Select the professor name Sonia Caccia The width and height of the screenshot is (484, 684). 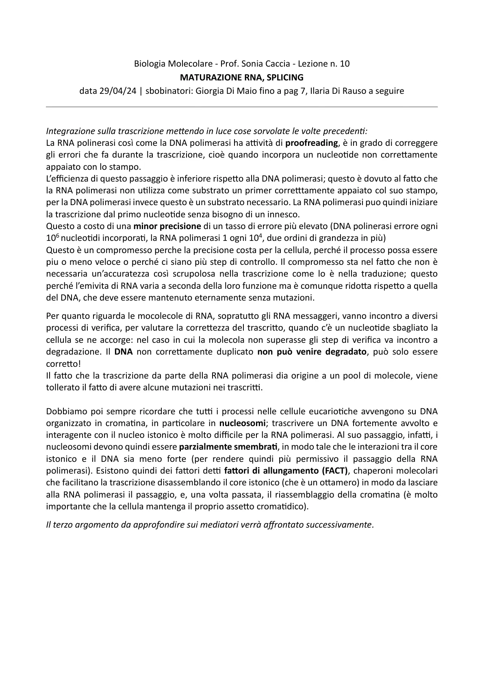(265, 64)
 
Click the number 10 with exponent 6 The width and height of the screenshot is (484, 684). (52, 238)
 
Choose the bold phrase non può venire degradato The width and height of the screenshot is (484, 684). (312, 352)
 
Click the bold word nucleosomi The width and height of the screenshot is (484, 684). (243, 423)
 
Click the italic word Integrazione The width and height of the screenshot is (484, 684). (69, 131)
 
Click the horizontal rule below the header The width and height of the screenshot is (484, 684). (242, 107)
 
